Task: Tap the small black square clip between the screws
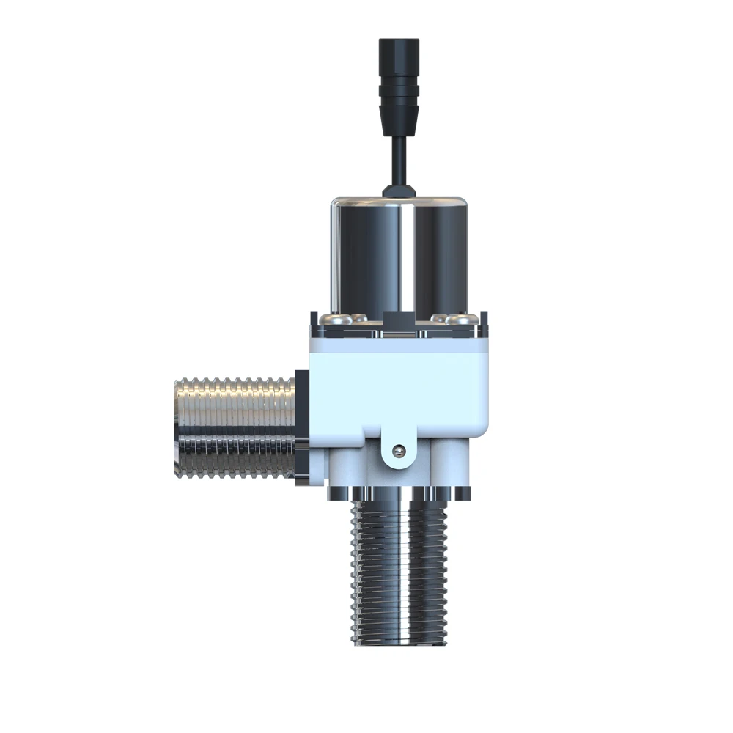click(x=398, y=320)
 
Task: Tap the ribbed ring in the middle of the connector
click(x=398, y=92)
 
